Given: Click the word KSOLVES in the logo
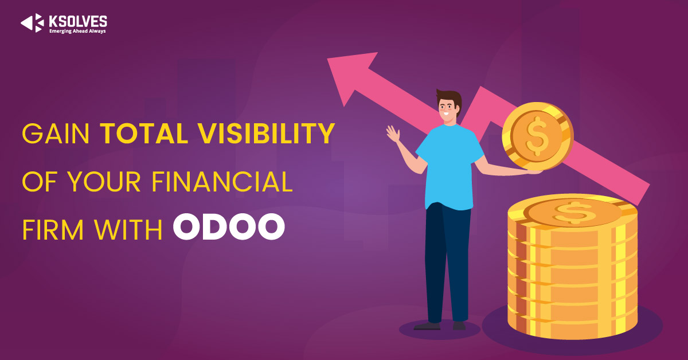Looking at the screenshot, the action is pos(78,22).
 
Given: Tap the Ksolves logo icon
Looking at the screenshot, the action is pos(32,23).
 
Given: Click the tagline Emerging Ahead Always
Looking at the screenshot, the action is pos(77,31).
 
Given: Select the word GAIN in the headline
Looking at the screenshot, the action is pos(56,134).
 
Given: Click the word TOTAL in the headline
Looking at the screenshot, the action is pos(144,134).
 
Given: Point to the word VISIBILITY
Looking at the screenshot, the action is pos(266,134).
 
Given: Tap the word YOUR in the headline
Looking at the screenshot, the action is pos(104,182).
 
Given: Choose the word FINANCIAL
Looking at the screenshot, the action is pos(222,182).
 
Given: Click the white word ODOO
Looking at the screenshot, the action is pos(229,226).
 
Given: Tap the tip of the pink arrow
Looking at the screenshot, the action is pos(327,58).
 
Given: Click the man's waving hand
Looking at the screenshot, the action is pos(393,134).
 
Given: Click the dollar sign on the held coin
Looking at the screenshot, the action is pos(537,136).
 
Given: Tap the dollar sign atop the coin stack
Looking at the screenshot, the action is pos(573,212).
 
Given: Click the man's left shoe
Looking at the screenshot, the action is pos(427,326).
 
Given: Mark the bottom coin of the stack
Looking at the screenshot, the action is pos(573,326).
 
